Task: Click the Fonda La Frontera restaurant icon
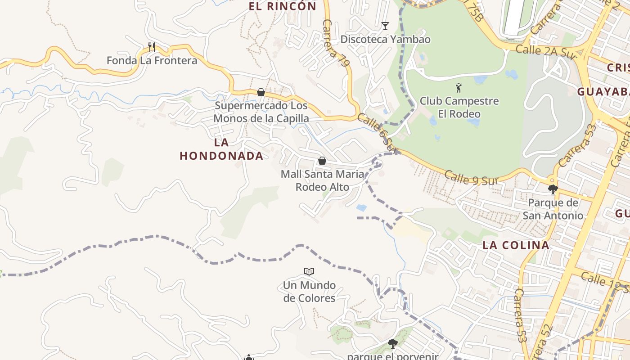(x=152, y=47)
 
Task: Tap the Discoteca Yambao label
(x=385, y=39)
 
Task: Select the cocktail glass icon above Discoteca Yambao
(x=385, y=26)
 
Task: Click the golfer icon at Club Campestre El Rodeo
(x=459, y=87)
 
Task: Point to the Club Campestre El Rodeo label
(x=459, y=107)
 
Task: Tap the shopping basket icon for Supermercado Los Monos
(x=261, y=92)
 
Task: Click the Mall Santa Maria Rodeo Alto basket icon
(x=322, y=160)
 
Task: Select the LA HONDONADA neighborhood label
(x=221, y=149)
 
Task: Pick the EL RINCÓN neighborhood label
(x=283, y=6)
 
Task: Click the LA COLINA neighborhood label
(x=516, y=245)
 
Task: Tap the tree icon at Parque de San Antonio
(x=553, y=189)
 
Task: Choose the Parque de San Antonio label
(x=553, y=209)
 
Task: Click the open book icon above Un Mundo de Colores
(x=309, y=271)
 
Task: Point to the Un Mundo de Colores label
(x=309, y=292)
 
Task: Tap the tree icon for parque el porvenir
(x=393, y=344)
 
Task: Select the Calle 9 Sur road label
(x=469, y=177)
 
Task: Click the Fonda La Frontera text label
(x=152, y=60)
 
